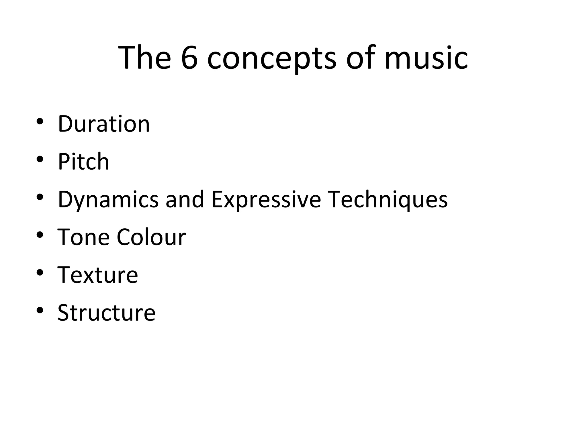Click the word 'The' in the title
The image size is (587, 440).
pyautogui.click(x=144, y=58)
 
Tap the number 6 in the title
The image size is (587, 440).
pyautogui.click(x=189, y=58)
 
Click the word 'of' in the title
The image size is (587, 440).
pyautogui.click(x=361, y=58)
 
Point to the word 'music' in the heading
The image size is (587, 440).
pyautogui.click(x=426, y=58)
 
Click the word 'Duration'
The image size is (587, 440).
pyautogui.click(x=104, y=124)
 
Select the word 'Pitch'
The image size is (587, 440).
pyautogui.click(x=83, y=162)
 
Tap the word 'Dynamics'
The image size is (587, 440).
pyautogui.click(x=108, y=200)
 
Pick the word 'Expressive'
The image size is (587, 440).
pyautogui.click(x=266, y=200)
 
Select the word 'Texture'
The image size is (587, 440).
pyautogui.click(x=98, y=275)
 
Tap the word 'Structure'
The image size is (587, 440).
pyautogui.click(x=106, y=313)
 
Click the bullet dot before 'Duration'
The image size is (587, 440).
pyautogui.click(x=40, y=121)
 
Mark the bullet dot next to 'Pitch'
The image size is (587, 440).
pyautogui.click(x=40, y=159)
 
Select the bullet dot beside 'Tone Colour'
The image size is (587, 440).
pyautogui.click(x=40, y=235)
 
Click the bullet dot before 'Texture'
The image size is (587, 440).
pyautogui.click(x=40, y=273)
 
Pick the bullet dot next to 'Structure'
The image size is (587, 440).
pyautogui.click(x=40, y=311)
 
